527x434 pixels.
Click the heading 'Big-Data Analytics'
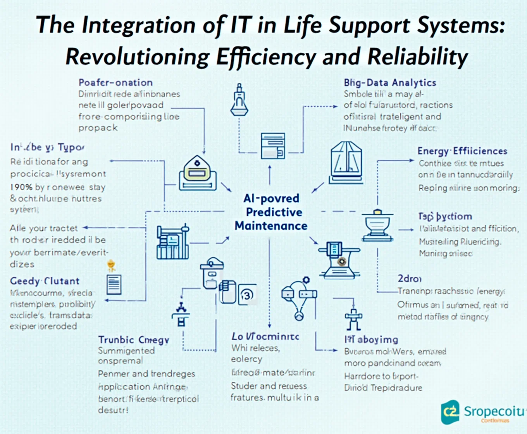pos(390,83)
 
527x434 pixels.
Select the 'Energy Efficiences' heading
pos(462,151)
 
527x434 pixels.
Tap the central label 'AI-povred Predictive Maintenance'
pos(271,212)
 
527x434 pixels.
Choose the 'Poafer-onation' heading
pos(115,83)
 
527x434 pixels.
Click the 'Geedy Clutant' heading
pos(45,281)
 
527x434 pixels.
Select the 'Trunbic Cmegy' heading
pos(134,340)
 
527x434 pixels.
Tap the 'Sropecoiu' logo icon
pos(450,412)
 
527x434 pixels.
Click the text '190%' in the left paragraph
pos(21,187)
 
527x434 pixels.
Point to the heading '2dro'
pos(409,279)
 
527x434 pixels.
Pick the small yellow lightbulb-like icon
pos(112,265)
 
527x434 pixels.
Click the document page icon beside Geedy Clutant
pos(114,285)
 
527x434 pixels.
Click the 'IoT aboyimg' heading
pos(371,340)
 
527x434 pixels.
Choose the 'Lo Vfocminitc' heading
pos(265,336)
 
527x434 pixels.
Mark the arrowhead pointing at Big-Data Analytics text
pos(335,106)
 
